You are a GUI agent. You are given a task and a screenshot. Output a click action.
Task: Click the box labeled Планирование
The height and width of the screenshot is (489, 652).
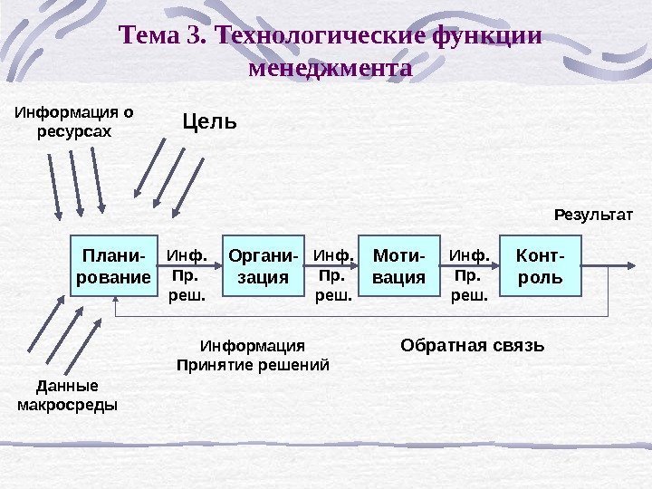114,266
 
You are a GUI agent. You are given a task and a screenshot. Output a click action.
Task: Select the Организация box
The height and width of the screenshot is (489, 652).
256,266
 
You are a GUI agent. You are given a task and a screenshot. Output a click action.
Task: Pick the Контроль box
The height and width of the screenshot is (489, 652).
539,266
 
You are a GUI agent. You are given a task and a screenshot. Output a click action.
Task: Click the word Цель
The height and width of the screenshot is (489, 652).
209,120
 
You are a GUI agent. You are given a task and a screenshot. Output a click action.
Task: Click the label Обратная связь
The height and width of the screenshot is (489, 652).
472,345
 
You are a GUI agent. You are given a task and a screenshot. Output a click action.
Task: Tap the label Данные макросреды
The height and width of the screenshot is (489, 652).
68,394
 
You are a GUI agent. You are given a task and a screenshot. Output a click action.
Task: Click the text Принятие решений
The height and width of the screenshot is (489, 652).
252,365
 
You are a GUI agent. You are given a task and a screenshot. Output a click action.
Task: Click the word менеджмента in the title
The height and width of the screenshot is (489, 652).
329,68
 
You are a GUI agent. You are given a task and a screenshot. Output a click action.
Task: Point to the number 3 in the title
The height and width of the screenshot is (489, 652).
197,37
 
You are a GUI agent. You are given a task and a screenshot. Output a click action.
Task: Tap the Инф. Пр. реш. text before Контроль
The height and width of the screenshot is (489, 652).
469,274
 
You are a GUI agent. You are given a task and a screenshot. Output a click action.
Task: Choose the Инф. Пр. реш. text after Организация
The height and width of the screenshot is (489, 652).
332,274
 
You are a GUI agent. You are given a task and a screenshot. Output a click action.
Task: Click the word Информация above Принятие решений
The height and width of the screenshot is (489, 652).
253,346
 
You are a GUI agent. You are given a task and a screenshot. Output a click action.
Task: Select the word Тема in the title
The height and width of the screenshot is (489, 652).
149,37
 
